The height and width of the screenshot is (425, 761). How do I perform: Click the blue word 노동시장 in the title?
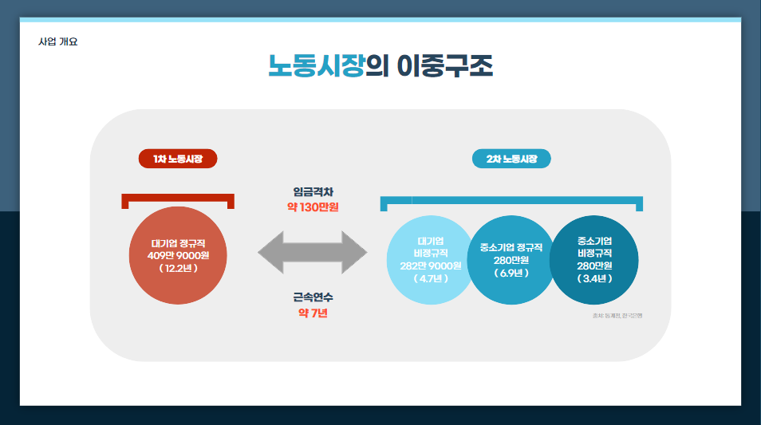316,66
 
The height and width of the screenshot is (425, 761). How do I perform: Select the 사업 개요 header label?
58,41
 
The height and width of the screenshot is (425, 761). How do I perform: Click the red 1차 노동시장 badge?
178,159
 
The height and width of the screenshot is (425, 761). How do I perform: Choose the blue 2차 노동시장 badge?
511,159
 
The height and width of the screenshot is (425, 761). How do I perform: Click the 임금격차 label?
313,192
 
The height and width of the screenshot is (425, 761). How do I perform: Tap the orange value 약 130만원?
313,207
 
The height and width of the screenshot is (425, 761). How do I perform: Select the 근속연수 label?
313,297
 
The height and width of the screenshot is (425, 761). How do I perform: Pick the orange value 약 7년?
313,313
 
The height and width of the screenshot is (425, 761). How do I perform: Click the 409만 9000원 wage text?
178,255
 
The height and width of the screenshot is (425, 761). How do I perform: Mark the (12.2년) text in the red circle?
178,269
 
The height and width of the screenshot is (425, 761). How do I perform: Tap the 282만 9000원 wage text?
431,266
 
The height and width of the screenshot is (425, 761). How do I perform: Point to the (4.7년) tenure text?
431,278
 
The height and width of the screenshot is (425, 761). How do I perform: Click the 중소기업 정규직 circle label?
511,247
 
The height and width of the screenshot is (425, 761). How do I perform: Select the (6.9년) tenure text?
511,273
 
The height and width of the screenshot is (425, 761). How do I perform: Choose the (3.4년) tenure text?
594,278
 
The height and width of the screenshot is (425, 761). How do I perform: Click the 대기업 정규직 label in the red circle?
178,242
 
